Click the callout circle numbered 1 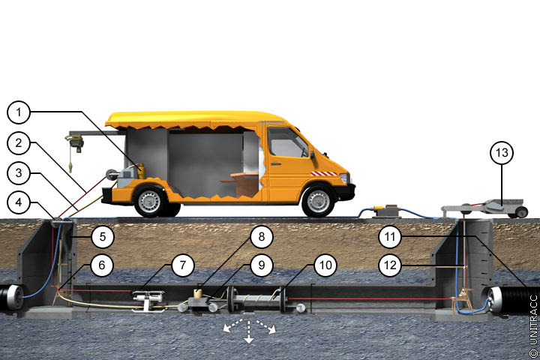pyautogui.click(x=19, y=112)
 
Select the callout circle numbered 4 pyautogui.click(x=19, y=202)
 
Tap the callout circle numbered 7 pyautogui.click(x=183, y=265)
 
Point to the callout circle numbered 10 pyautogui.click(x=325, y=265)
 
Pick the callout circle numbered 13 pyautogui.click(x=502, y=152)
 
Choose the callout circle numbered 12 pyautogui.click(x=390, y=265)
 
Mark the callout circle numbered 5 pyautogui.click(x=103, y=237)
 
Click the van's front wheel pyautogui.click(x=318, y=202)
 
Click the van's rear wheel pyautogui.click(x=149, y=202)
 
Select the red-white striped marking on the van pyautogui.click(x=324, y=174)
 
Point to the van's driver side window pyautogui.click(x=287, y=142)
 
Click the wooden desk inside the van pyautogui.click(x=241, y=184)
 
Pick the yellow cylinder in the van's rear pyautogui.click(x=141, y=171)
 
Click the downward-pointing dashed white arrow pyautogui.click(x=248, y=331)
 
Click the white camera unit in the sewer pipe pyautogui.click(x=148, y=298)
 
